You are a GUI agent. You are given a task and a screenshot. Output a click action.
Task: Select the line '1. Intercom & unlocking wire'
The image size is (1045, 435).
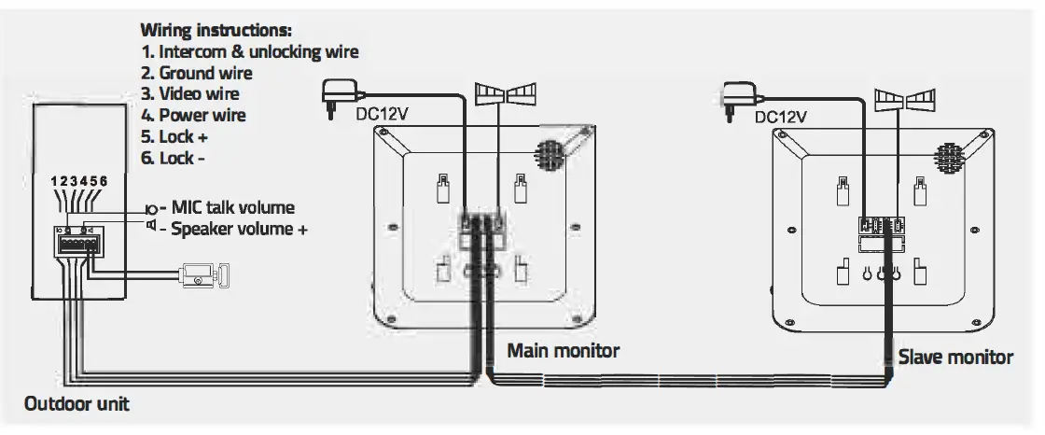[x=249, y=51]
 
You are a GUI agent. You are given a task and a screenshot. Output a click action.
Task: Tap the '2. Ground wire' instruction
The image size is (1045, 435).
[x=196, y=72]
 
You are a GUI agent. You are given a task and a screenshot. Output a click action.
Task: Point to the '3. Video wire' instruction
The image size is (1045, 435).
[x=189, y=93]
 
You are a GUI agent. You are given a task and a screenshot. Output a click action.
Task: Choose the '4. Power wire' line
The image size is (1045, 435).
[x=192, y=115]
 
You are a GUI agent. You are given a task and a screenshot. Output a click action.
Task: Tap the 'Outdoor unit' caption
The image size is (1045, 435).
[x=77, y=404]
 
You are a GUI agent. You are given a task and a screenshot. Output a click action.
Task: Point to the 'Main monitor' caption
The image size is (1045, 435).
[x=563, y=351]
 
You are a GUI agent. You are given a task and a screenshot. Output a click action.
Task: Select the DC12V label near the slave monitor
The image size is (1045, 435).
[x=780, y=118]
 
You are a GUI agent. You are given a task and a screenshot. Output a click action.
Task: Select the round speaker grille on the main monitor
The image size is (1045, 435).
[x=547, y=153]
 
